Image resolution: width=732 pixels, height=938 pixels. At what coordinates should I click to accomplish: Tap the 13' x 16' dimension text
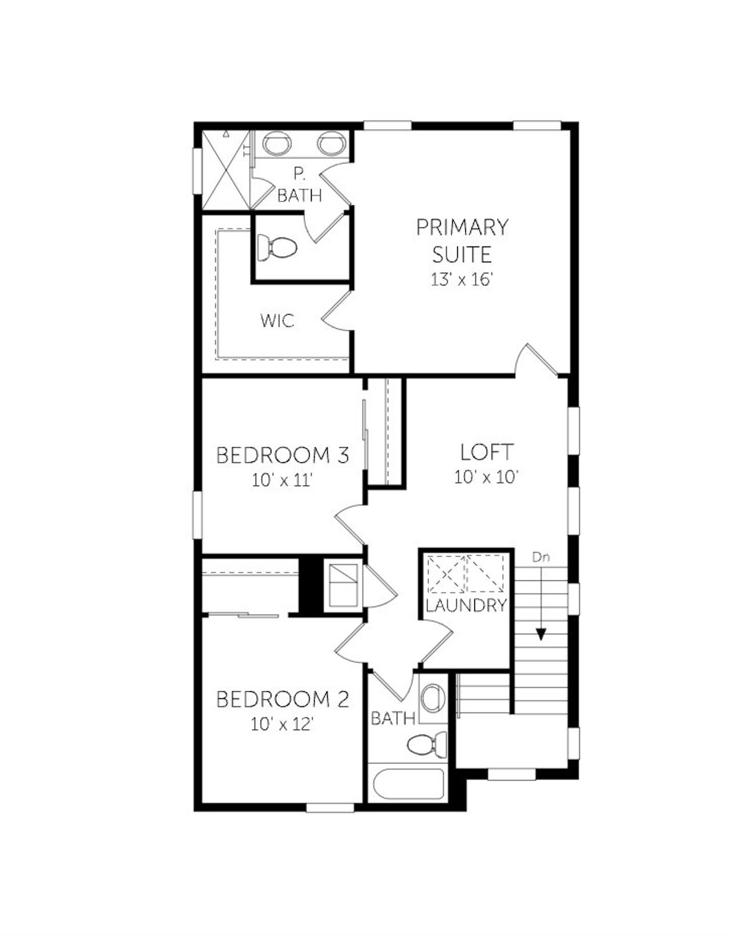click(462, 280)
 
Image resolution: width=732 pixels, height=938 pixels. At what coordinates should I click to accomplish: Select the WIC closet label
click(277, 320)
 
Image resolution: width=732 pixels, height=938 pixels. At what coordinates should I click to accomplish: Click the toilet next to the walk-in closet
click(277, 248)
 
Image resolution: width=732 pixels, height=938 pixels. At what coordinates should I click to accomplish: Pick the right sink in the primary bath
click(330, 143)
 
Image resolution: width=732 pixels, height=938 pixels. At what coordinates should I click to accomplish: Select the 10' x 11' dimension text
click(283, 480)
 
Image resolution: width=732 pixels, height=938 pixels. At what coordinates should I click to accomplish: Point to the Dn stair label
click(540, 557)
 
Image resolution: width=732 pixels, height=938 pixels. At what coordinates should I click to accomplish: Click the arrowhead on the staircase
click(540, 634)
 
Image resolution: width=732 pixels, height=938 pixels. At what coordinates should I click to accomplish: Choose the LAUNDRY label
click(466, 605)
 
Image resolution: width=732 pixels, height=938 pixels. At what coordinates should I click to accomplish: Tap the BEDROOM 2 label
click(283, 699)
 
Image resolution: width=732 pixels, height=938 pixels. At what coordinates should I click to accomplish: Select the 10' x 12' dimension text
click(283, 724)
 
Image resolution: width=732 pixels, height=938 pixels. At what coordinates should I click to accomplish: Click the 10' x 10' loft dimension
click(487, 476)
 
